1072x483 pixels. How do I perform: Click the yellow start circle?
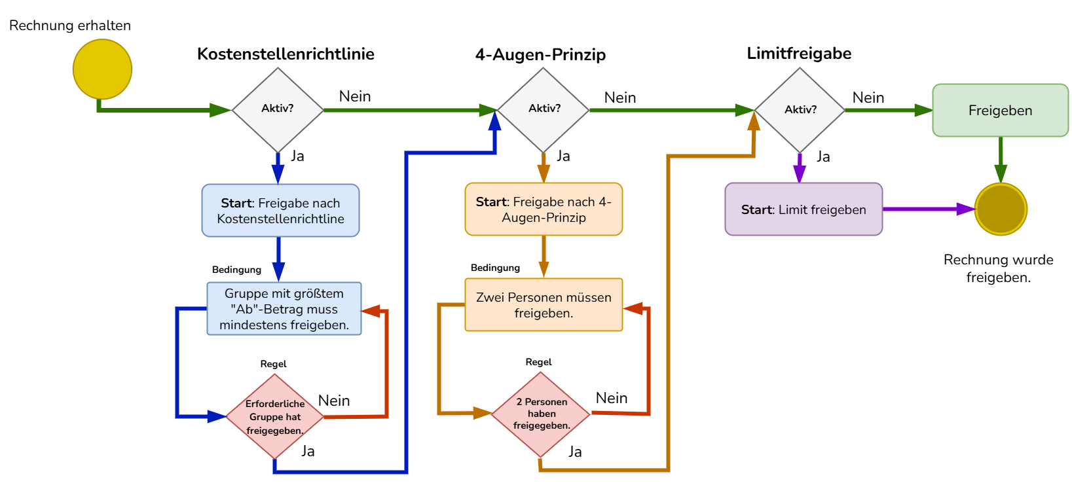click(x=102, y=69)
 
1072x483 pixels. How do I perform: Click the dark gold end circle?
click(x=1000, y=209)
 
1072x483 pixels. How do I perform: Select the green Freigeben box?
click(x=1000, y=110)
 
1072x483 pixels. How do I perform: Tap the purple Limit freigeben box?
click(x=804, y=209)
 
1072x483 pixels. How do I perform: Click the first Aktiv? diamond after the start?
click(x=278, y=109)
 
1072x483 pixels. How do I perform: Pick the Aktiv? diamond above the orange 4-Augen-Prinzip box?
click(x=544, y=109)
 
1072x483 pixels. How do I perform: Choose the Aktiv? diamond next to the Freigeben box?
click(x=800, y=109)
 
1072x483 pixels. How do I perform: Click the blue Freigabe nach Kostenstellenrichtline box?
click(x=280, y=210)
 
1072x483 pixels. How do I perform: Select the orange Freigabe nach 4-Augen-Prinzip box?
click(x=544, y=209)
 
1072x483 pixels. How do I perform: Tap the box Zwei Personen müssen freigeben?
click(x=544, y=305)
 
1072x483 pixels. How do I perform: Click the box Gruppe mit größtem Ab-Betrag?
click(x=284, y=309)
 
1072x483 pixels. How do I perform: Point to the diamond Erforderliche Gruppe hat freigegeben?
click(x=275, y=416)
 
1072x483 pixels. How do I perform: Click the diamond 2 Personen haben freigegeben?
click(x=541, y=414)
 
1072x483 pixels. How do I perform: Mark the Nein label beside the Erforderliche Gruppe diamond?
click(x=334, y=400)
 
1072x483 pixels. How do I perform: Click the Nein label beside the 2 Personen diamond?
click(x=612, y=397)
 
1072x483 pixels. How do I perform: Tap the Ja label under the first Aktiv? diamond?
click(x=297, y=156)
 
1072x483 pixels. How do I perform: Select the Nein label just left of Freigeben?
click(x=868, y=98)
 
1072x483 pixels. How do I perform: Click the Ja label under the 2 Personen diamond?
click(x=575, y=451)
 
